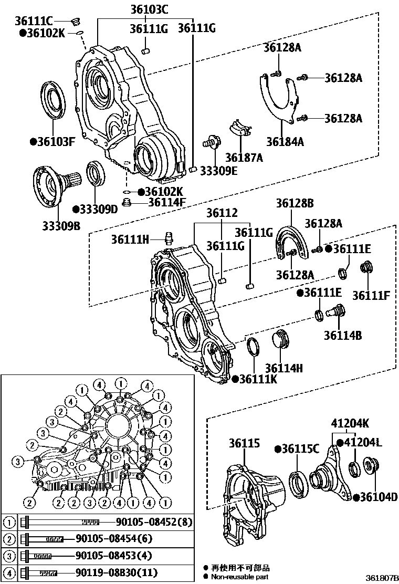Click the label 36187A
[244, 157]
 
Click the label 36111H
[130, 239]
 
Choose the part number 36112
[222, 213]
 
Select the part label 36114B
[342, 335]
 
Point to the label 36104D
[375, 497]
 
